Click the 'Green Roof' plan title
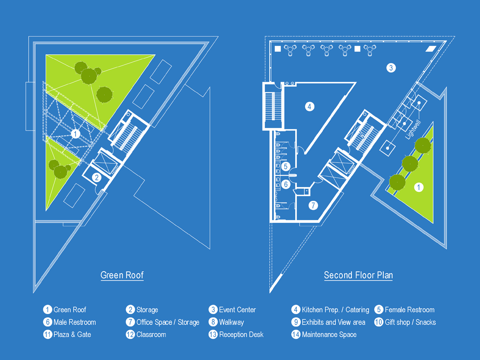[x=122, y=275]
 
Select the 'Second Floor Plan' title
[x=358, y=275]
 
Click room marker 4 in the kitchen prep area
[x=310, y=106]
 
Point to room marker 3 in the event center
[x=390, y=68]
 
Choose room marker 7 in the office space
[x=313, y=205]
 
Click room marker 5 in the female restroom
[x=286, y=166]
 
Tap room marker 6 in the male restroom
[x=286, y=184]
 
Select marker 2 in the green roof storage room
[x=97, y=177]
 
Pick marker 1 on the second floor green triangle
[x=419, y=187]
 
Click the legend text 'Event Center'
[x=237, y=310]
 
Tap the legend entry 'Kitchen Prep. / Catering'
[x=335, y=310]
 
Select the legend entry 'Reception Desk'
[x=241, y=335]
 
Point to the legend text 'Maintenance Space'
[x=329, y=335]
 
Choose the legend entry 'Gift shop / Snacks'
[x=410, y=322]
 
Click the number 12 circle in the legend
[x=130, y=335]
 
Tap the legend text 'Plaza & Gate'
[x=72, y=335]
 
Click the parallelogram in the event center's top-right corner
[x=431, y=49]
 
